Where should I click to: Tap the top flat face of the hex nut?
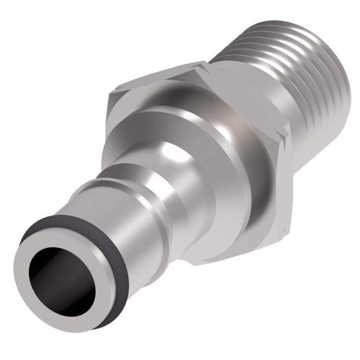(154, 82)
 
